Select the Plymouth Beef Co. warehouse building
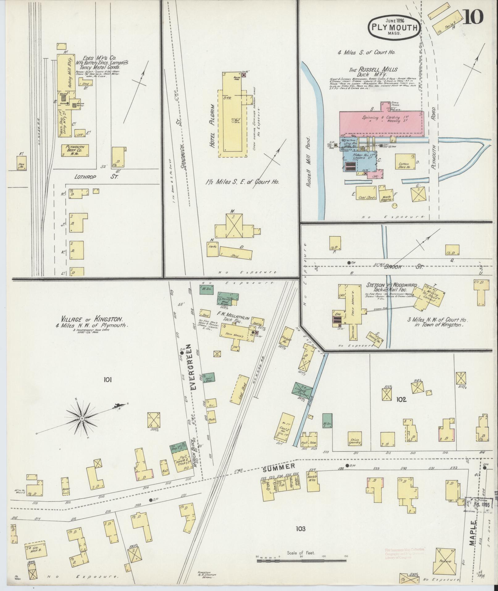pyautogui.click(x=75, y=150)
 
